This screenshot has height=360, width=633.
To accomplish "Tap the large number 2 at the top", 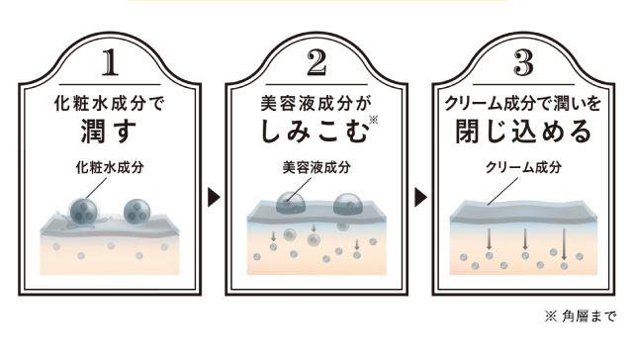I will pos(316,63).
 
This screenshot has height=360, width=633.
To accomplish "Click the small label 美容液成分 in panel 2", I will pos(313,167).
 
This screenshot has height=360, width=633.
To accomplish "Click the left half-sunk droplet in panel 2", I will pos(290,203).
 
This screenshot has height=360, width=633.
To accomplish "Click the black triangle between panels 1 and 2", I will pos(213,198).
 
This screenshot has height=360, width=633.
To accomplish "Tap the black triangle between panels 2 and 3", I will pos(421,198).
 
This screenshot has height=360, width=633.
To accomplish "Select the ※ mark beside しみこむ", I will pos(373,120).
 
